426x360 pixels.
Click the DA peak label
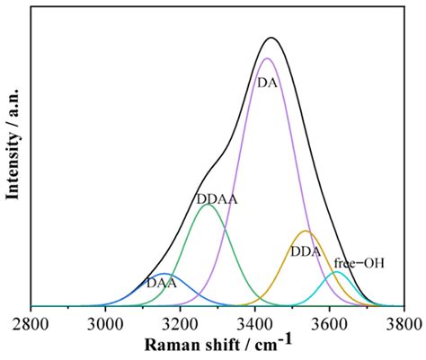(268, 82)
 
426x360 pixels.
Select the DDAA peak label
(216, 198)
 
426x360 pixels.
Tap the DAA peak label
(161, 284)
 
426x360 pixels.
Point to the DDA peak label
(306, 252)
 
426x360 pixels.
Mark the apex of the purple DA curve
(266, 58)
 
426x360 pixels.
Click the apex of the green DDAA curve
(209, 205)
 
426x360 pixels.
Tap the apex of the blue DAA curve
(164, 273)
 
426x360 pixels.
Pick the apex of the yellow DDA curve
(306, 231)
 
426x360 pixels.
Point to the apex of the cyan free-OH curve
(337, 271)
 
